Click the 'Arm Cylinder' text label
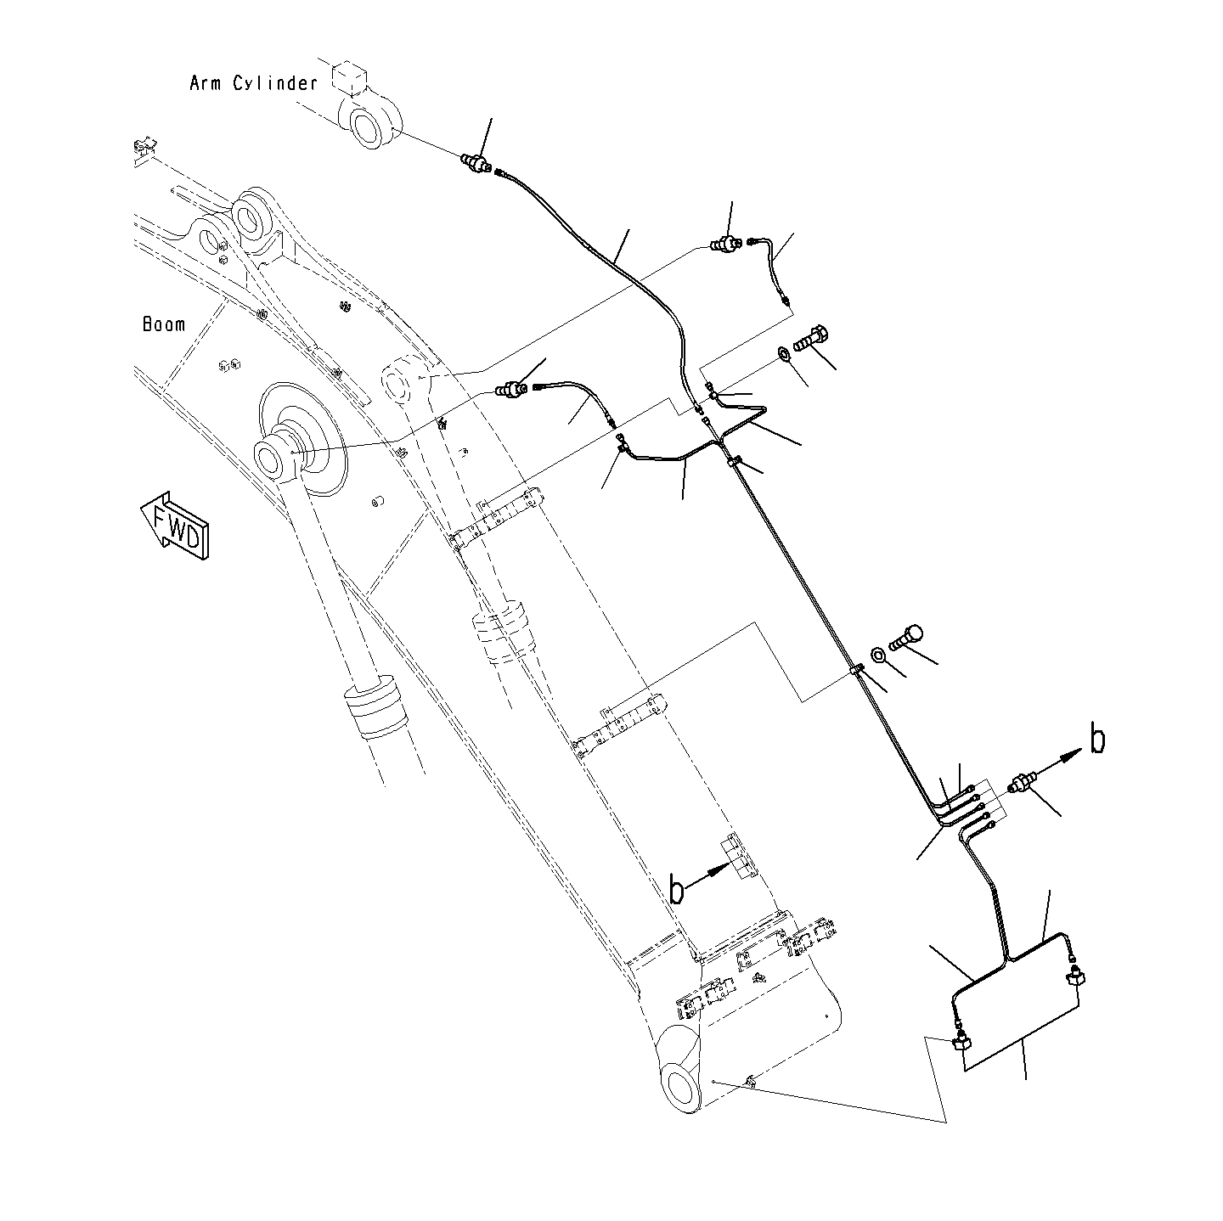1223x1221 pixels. pos(253,83)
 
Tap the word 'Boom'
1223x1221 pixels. pos(164,324)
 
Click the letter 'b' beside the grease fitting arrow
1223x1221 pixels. pos(1097,740)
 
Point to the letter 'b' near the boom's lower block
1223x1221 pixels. pos(677,890)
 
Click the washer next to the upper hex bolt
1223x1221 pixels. pos(782,354)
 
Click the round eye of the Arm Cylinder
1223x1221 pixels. pos(370,127)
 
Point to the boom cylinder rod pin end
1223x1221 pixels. pos(279,458)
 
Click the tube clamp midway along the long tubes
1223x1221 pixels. pos(856,672)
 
